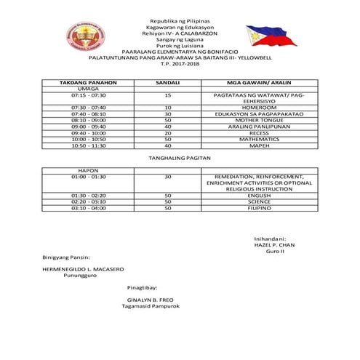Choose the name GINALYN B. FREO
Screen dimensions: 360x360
151,299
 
